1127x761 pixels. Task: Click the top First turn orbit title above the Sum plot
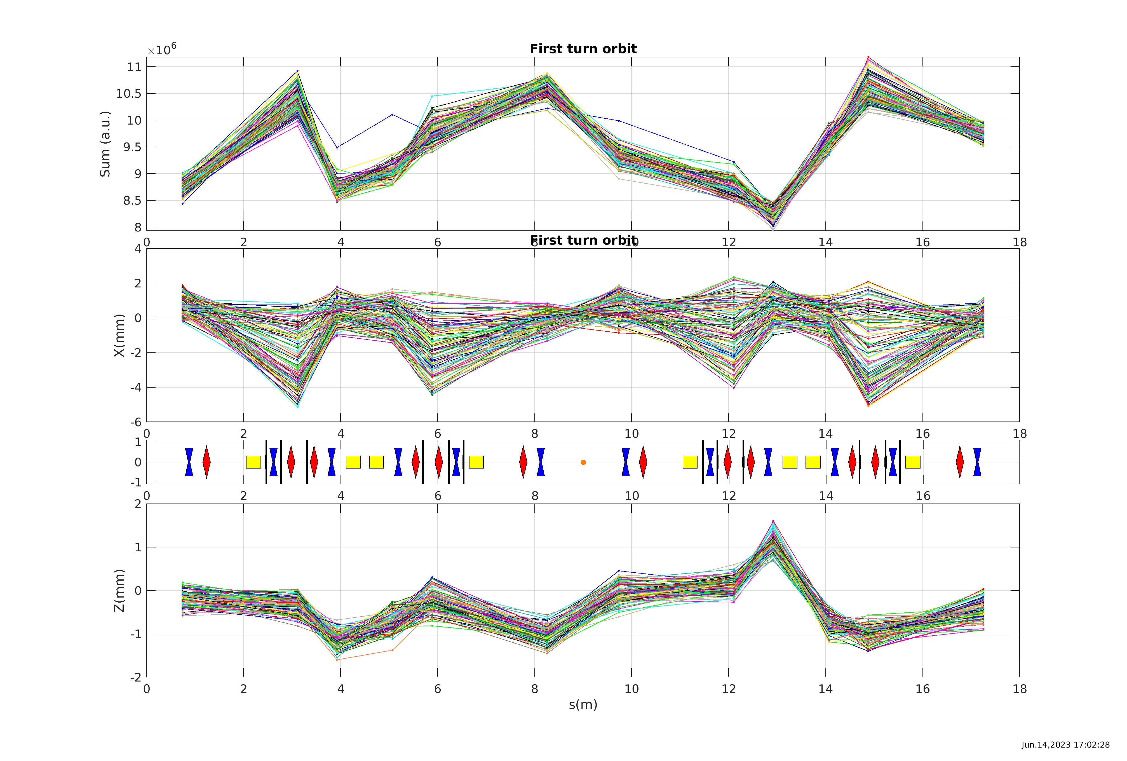(x=583, y=49)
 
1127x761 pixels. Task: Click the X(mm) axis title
(x=119, y=335)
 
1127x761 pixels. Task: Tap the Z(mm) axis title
(x=119, y=590)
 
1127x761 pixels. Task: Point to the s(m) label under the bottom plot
(x=583, y=704)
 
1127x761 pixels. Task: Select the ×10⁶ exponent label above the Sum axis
(x=162, y=50)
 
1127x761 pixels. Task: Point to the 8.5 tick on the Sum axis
(x=132, y=201)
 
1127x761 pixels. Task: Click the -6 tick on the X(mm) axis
(x=135, y=422)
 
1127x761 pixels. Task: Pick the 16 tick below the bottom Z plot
(x=922, y=689)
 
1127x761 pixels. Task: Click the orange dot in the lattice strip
(x=583, y=462)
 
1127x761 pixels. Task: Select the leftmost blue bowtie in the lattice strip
(x=189, y=462)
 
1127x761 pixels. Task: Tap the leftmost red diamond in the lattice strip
(x=206, y=462)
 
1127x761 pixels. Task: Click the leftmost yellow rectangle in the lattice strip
(x=253, y=462)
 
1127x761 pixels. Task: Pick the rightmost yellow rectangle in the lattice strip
(x=913, y=462)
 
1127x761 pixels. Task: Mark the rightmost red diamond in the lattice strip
(x=960, y=462)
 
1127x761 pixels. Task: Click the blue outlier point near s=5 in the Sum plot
(x=392, y=114)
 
